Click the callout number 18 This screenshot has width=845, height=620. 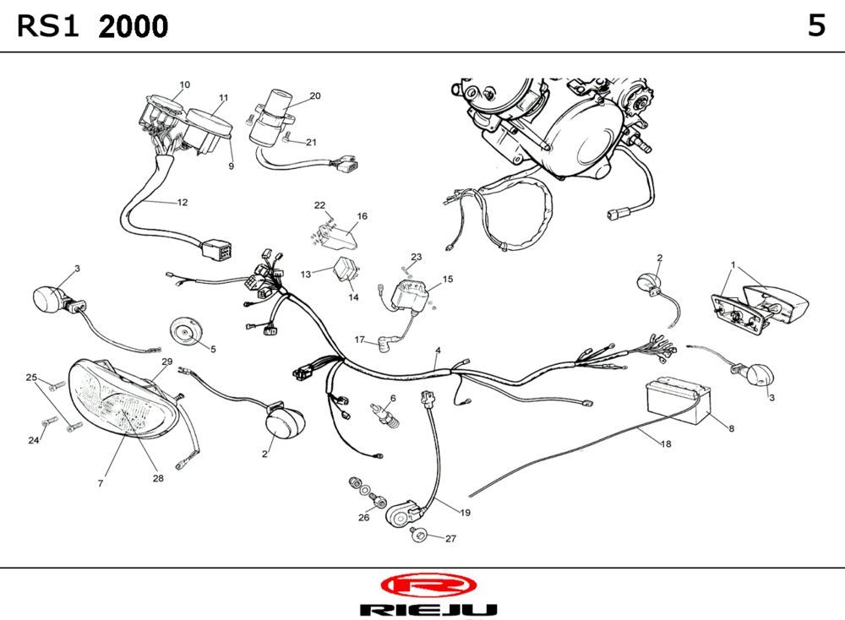[x=667, y=444]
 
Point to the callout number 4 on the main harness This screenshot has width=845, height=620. [x=438, y=351]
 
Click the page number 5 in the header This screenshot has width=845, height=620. [x=815, y=26]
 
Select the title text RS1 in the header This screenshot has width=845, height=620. [x=48, y=27]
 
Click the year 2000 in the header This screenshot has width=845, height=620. [x=133, y=27]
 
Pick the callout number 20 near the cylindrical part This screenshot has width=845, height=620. [x=314, y=96]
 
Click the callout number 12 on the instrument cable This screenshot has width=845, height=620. [x=182, y=203]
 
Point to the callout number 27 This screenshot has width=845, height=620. [x=450, y=539]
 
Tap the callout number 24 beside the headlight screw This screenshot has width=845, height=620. [x=34, y=440]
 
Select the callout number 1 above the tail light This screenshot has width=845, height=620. [x=733, y=264]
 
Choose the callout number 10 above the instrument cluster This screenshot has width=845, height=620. [x=184, y=84]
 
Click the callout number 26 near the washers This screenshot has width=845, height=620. [x=363, y=518]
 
